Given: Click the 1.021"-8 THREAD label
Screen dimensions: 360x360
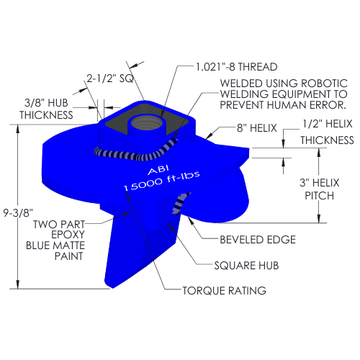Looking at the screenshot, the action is [236, 67].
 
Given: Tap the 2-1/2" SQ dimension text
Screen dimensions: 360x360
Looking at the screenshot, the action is [110, 78].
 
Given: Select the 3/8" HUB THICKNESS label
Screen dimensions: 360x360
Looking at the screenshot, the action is [46, 109].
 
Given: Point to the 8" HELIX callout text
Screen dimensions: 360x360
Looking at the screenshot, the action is [257, 128].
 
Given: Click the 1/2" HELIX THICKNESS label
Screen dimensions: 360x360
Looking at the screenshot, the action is [327, 132].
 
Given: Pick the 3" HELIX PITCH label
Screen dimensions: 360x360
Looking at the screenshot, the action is [320, 189].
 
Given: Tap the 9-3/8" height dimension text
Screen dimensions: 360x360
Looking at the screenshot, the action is [18, 212].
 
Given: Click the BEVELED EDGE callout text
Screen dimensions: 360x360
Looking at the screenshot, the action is [258, 240].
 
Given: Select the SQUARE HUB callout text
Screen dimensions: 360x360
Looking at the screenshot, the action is [246, 266].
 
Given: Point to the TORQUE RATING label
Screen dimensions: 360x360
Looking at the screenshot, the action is [225, 291].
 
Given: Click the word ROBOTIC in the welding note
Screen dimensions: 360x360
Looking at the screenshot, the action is [324, 84].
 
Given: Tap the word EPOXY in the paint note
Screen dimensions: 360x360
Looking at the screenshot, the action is [68, 234].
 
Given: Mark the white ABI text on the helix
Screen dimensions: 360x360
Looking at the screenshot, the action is [158, 170].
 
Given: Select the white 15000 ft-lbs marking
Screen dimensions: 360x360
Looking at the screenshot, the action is [162, 181].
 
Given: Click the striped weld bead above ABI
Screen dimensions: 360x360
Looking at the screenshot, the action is [136, 151].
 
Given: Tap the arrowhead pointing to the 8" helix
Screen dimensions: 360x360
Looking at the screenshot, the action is [209, 135].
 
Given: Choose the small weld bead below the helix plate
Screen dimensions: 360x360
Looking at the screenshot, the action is [180, 204].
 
